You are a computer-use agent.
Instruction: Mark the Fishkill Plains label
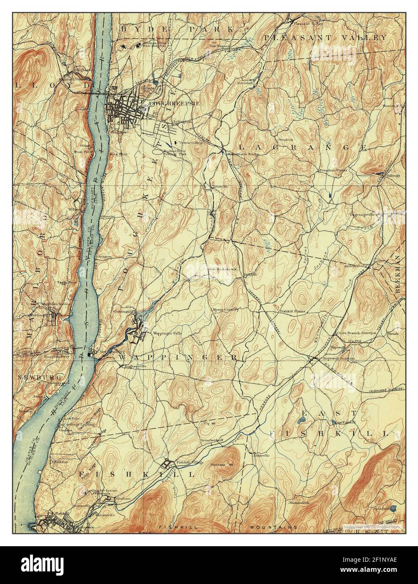292,311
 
